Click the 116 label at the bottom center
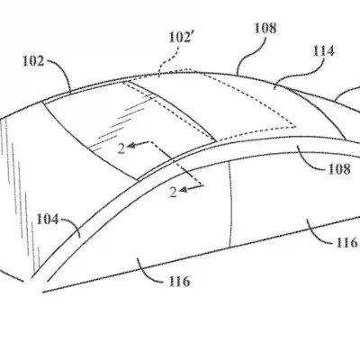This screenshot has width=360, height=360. pos(180,283)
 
